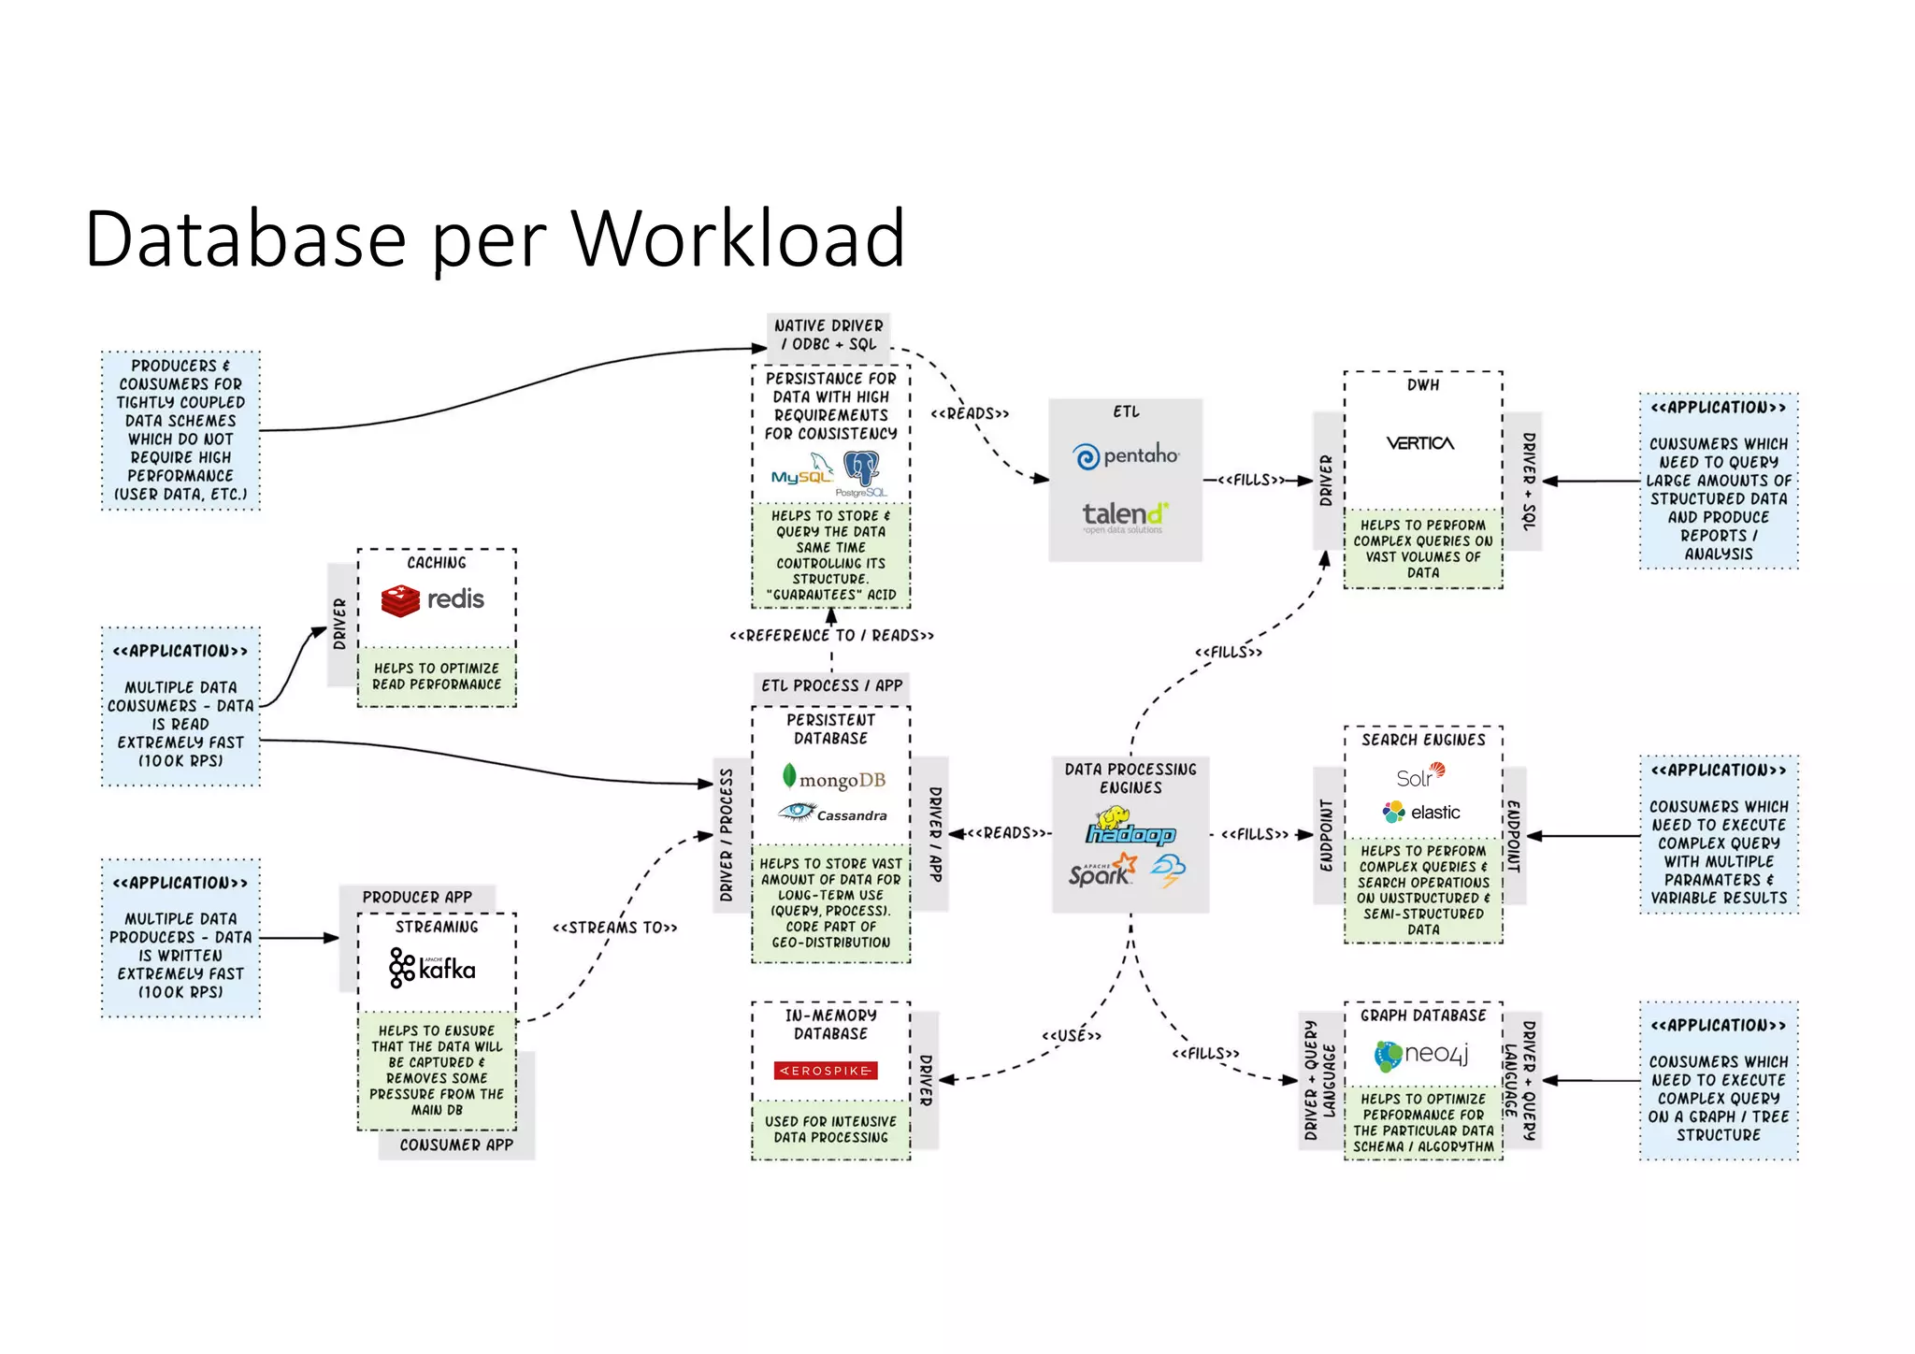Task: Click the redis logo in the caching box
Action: tap(433, 599)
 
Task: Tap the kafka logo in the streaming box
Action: tap(432, 968)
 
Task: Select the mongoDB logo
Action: tap(832, 778)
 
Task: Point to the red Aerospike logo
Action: tap(826, 1070)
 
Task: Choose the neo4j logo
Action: tap(1421, 1055)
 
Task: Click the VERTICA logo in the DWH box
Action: tap(1420, 443)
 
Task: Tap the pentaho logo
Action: tap(1126, 456)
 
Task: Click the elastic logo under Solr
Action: tap(1421, 812)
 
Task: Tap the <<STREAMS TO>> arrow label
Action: tap(614, 928)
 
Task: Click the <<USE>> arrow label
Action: tap(1072, 1035)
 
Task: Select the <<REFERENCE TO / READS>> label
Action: tap(831, 636)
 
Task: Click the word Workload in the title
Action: tap(738, 239)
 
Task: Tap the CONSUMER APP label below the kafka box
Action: tap(456, 1145)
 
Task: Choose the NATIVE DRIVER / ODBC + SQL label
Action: tap(828, 335)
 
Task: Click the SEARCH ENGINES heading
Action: tap(1423, 740)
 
